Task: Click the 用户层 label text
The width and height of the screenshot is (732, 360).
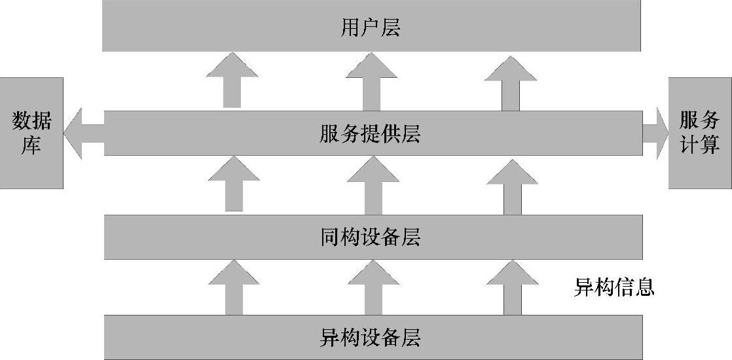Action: [x=371, y=27]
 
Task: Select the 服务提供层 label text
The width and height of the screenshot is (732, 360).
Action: [x=371, y=134]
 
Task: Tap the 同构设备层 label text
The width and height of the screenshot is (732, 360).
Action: [x=371, y=237]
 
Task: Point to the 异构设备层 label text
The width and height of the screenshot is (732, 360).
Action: [x=371, y=337]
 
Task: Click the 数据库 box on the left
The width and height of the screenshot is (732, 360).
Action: [x=31, y=133]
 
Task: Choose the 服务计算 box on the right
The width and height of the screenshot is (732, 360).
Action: [x=700, y=133]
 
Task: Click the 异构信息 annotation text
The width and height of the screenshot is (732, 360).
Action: [x=614, y=287]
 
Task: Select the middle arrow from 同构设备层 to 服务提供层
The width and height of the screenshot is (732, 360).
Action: [x=373, y=186]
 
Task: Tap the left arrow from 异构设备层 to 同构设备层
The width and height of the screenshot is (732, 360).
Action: [x=234, y=288]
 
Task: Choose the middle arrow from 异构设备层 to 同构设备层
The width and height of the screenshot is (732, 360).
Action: [x=373, y=288]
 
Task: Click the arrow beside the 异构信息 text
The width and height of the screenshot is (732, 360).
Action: [x=513, y=288]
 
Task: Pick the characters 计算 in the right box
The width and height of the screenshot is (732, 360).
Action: [x=700, y=145]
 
